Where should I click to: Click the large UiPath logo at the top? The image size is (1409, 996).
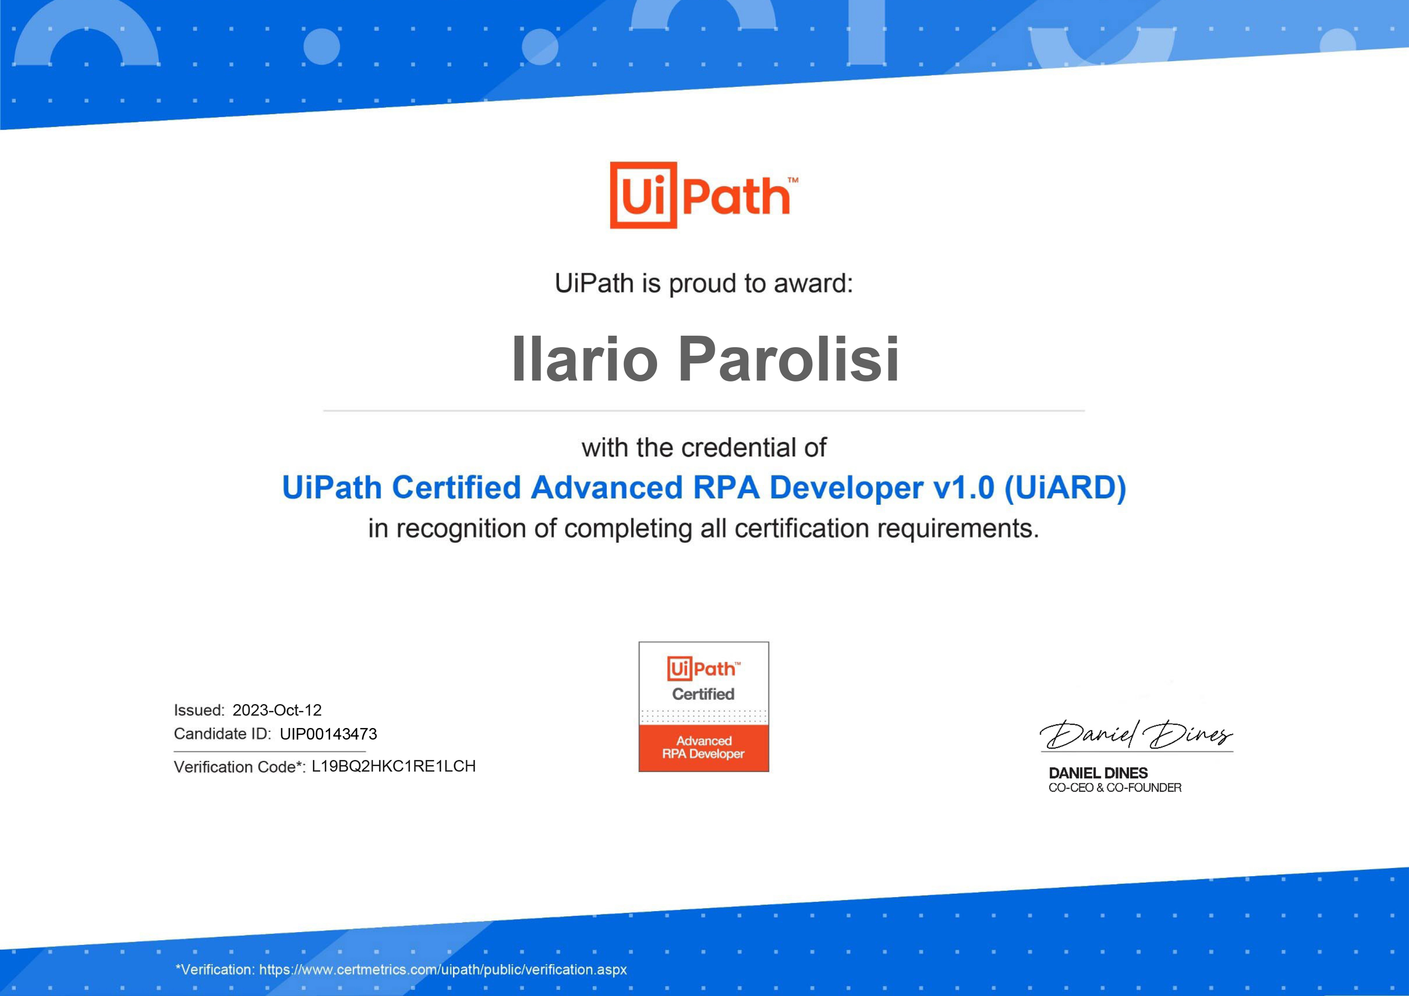704,195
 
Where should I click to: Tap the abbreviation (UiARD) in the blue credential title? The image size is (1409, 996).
1065,488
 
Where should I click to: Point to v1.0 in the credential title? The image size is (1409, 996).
964,488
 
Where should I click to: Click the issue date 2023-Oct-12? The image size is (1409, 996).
277,710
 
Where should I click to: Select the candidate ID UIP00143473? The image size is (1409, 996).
328,734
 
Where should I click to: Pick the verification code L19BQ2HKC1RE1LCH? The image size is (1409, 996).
393,767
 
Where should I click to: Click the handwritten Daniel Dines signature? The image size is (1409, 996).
1136,734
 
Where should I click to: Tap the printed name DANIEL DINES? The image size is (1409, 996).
1098,773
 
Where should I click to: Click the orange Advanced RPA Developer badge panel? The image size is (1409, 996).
704,747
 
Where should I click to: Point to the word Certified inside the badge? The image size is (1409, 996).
703,694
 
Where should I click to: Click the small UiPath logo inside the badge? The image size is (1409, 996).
704,668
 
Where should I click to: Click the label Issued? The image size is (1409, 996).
200,710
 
